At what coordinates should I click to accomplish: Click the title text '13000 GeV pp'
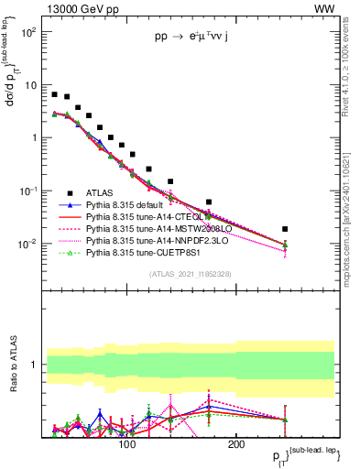click(78, 8)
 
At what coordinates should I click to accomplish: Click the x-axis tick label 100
click(127, 444)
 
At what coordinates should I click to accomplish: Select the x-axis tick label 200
click(235, 444)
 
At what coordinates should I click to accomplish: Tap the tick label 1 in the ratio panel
click(34, 365)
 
